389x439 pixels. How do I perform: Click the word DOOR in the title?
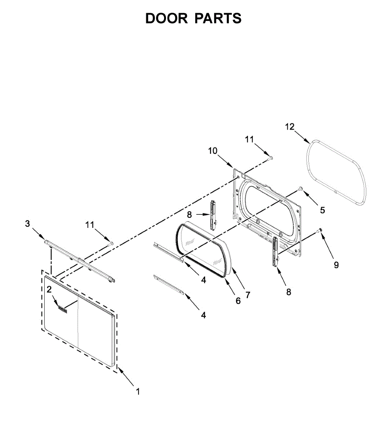pos(166,18)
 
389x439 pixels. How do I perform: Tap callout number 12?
pos(289,127)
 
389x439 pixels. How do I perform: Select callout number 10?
pos(213,151)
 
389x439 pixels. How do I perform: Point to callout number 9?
pos(336,265)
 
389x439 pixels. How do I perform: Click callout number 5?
pos(322,210)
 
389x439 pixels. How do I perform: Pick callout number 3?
pos(27,224)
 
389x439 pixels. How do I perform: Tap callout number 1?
pos(138,391)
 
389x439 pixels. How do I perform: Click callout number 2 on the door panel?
pos(49,289)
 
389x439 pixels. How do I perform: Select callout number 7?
pos(248,294)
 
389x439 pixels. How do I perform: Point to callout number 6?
pos(238,301)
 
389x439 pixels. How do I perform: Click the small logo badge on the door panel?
pos(63,310)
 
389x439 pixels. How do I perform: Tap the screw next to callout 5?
pos(300,188)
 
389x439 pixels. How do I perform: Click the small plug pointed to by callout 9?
pos(319,230)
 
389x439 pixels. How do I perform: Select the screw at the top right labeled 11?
pos(271,158)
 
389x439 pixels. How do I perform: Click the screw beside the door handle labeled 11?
pos(110,243)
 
